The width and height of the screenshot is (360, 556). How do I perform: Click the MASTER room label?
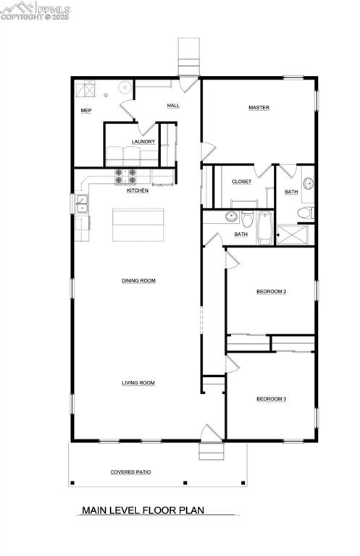(259, 108)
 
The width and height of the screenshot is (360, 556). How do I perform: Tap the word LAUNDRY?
(143, 142)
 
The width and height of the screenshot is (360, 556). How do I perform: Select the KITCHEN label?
(138, 190)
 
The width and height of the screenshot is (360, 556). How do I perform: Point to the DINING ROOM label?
(138, 281)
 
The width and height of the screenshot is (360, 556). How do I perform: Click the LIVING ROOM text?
(138, 383)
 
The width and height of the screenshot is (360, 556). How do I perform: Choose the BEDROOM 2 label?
(272, 292)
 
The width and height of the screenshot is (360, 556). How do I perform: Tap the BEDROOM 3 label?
(272, 399)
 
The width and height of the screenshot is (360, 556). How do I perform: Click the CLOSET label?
(241, 182)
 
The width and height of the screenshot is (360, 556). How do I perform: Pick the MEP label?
(86, 111)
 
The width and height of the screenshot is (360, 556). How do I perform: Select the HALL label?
(173, 106)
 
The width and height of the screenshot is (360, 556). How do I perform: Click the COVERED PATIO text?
(130, 472)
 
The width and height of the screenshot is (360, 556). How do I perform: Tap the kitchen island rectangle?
(138, 224)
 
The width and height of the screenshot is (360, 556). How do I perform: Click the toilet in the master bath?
(306, 213)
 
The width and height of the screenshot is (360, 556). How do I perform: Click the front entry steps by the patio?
(209, 450)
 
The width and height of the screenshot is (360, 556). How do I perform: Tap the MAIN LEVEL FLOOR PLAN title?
(143, 510)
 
